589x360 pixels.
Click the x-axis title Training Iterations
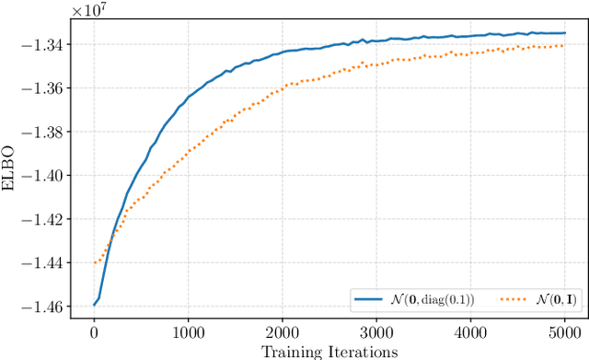tap(329, 351)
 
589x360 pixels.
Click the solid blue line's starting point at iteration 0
tap(93, 305)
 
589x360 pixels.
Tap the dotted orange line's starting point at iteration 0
tap(93, 262)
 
